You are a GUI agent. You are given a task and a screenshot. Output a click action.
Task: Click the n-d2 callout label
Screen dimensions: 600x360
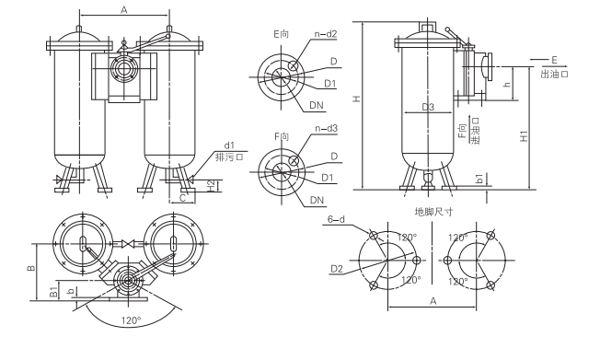click(325, 34)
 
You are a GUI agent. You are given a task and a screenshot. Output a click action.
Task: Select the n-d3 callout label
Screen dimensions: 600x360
click(326, 128)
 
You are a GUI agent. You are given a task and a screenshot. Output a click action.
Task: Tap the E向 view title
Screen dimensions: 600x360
click(282, 34)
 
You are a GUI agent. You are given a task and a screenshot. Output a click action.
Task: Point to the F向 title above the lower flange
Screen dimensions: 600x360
click(282, 136)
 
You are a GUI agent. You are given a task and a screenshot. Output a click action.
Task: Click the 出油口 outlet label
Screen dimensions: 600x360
click(554, 74)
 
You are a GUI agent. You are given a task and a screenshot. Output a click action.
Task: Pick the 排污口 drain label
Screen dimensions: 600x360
click(229, 157)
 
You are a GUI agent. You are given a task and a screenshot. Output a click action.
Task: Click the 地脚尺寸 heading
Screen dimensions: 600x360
click(434, 212)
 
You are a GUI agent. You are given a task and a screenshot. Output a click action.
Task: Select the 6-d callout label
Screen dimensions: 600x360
click(337, 219)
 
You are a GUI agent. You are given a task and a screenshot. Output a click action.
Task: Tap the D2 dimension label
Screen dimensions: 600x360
click(337, 269)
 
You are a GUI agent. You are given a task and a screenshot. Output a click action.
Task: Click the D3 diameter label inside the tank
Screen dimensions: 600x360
click(428, 107)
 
